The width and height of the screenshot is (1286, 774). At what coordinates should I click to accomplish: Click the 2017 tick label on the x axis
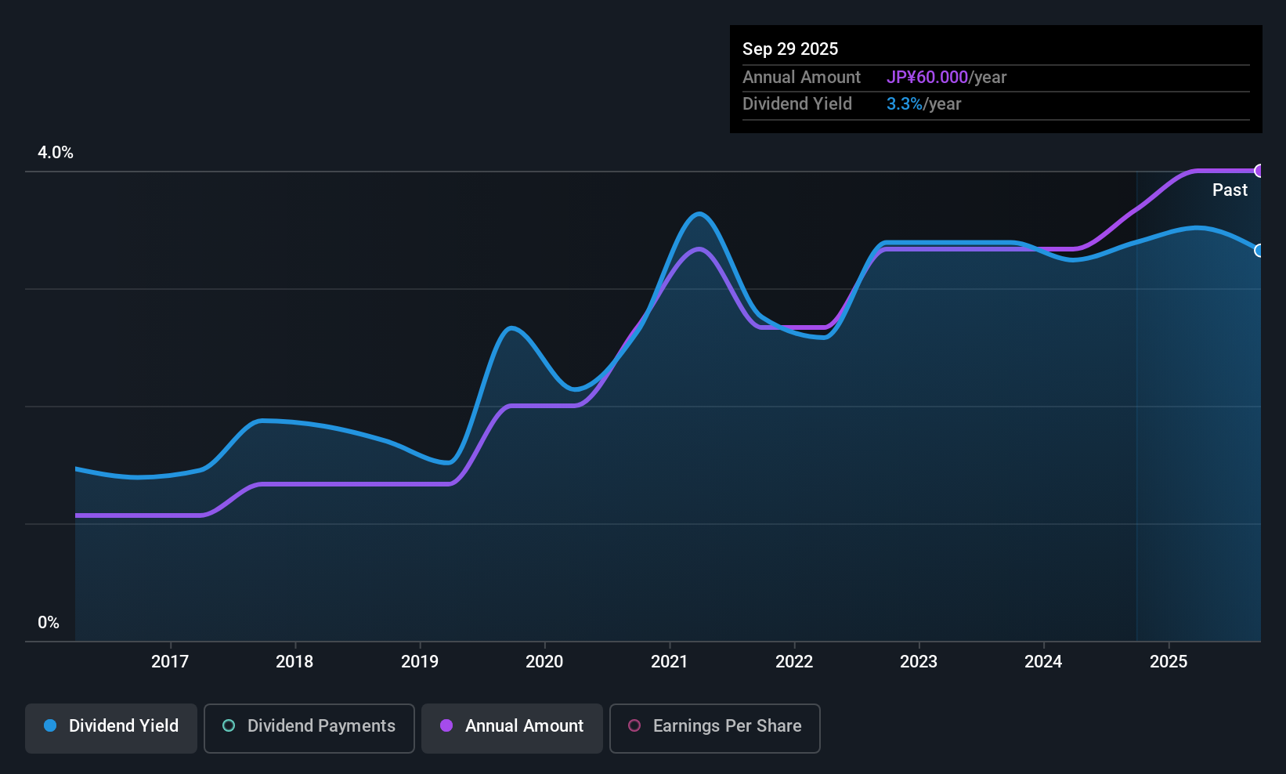pos(170,661)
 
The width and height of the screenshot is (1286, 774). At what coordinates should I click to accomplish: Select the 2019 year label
pos(420,661)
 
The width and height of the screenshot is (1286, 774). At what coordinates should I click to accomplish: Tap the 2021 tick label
pos(669,661)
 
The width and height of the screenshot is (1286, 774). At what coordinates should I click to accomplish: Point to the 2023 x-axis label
pos(919,661)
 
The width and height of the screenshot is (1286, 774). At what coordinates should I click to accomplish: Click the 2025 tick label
pos(1169,661)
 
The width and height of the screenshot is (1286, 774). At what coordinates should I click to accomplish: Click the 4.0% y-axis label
pos(56,153)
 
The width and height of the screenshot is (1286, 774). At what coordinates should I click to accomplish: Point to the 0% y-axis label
pos(49,623)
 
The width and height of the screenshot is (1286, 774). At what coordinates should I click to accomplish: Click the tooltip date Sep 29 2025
pos(790,49)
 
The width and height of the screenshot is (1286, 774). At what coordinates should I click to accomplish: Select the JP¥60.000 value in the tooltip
pos(927,78)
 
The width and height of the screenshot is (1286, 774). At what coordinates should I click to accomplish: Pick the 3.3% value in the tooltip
pos(904,104)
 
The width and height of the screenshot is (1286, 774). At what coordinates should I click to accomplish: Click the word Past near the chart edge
pos(1230,190)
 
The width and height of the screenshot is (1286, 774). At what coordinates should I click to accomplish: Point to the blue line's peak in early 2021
pos(699,213)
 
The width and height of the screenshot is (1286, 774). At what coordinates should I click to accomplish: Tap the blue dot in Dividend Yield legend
pos(50,725)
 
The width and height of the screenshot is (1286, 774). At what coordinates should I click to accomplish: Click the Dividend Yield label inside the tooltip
pos(797,104)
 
